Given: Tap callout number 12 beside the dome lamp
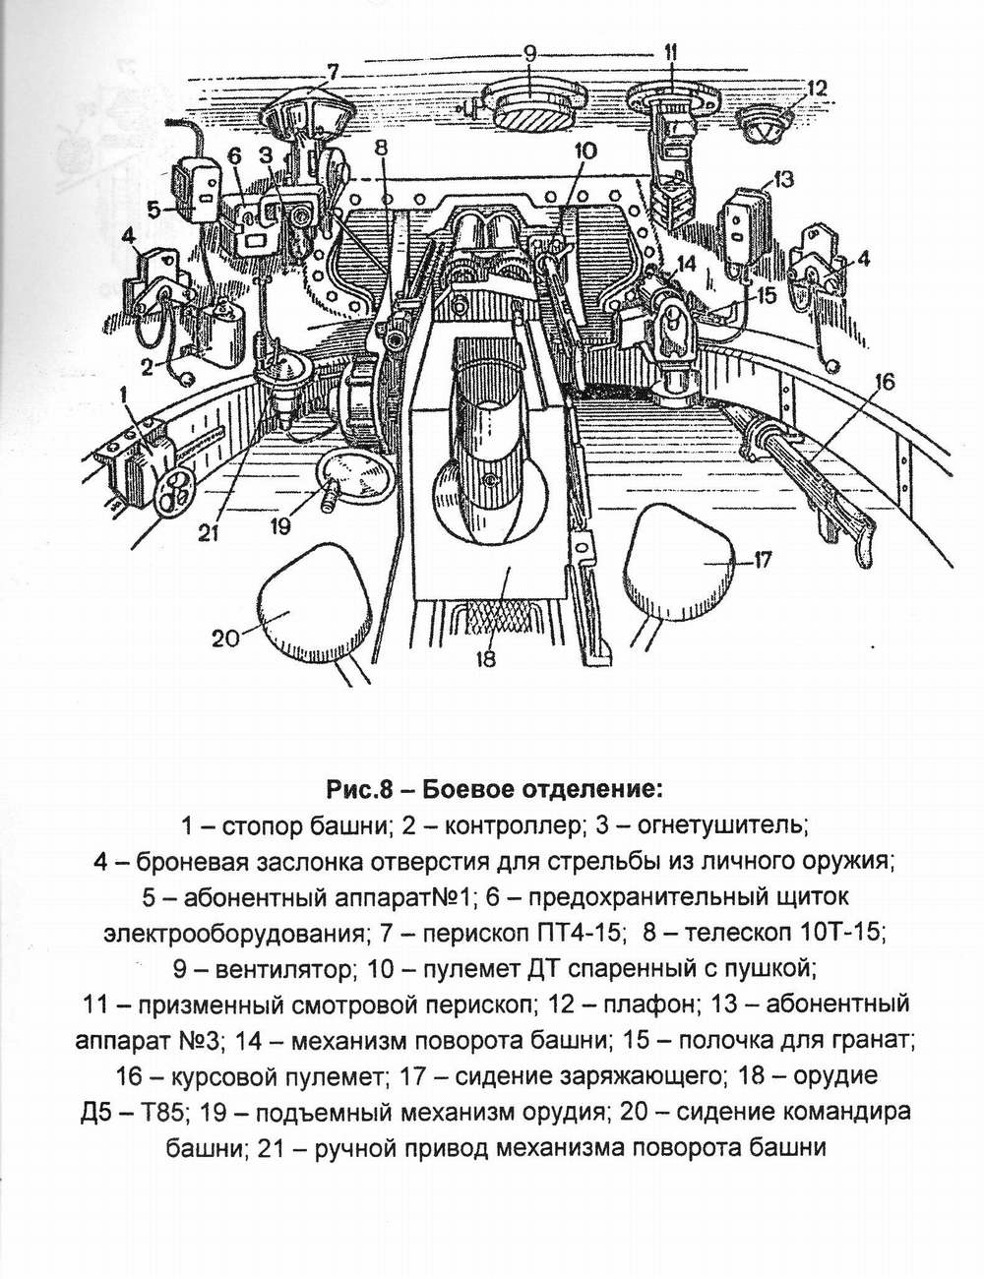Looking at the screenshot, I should pyautogui.click(x=819, y=88).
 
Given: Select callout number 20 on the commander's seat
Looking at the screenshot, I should pyautogui.click(x=225, y=637).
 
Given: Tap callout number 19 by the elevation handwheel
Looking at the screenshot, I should pyautogui.click(x=281, y=525).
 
